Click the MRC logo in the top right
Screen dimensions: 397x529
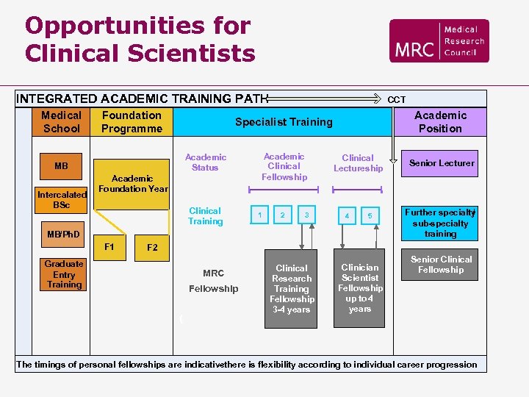click(x=439, y=41)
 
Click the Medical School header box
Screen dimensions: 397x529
click(x=61, y=122)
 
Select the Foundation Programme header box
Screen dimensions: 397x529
click(x=132, y=122)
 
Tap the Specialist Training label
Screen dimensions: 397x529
click(x=284, y=122)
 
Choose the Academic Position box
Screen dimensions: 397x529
click(x=440, y=122)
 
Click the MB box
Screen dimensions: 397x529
click(x=61, y=165)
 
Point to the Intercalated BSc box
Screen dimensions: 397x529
click(x=61, y=200)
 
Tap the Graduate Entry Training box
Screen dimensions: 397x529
click(x=64, y=274)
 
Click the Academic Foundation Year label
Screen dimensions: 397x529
click(x=133, y=183)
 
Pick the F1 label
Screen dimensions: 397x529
click(x=109, y=246)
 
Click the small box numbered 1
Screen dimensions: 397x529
click(x=259, y=215)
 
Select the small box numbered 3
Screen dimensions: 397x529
click(x=307, y=215)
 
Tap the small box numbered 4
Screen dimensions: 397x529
click(x=347, y=216)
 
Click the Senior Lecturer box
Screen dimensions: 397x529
click(x=442, y=163)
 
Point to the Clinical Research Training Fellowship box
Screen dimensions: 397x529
click(x=292, y=288)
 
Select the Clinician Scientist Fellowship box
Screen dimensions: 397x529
click(x=360, y=288)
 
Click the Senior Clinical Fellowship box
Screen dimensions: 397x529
click(x=442, y=265)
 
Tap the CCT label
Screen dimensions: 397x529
click(x=397, y=100)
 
